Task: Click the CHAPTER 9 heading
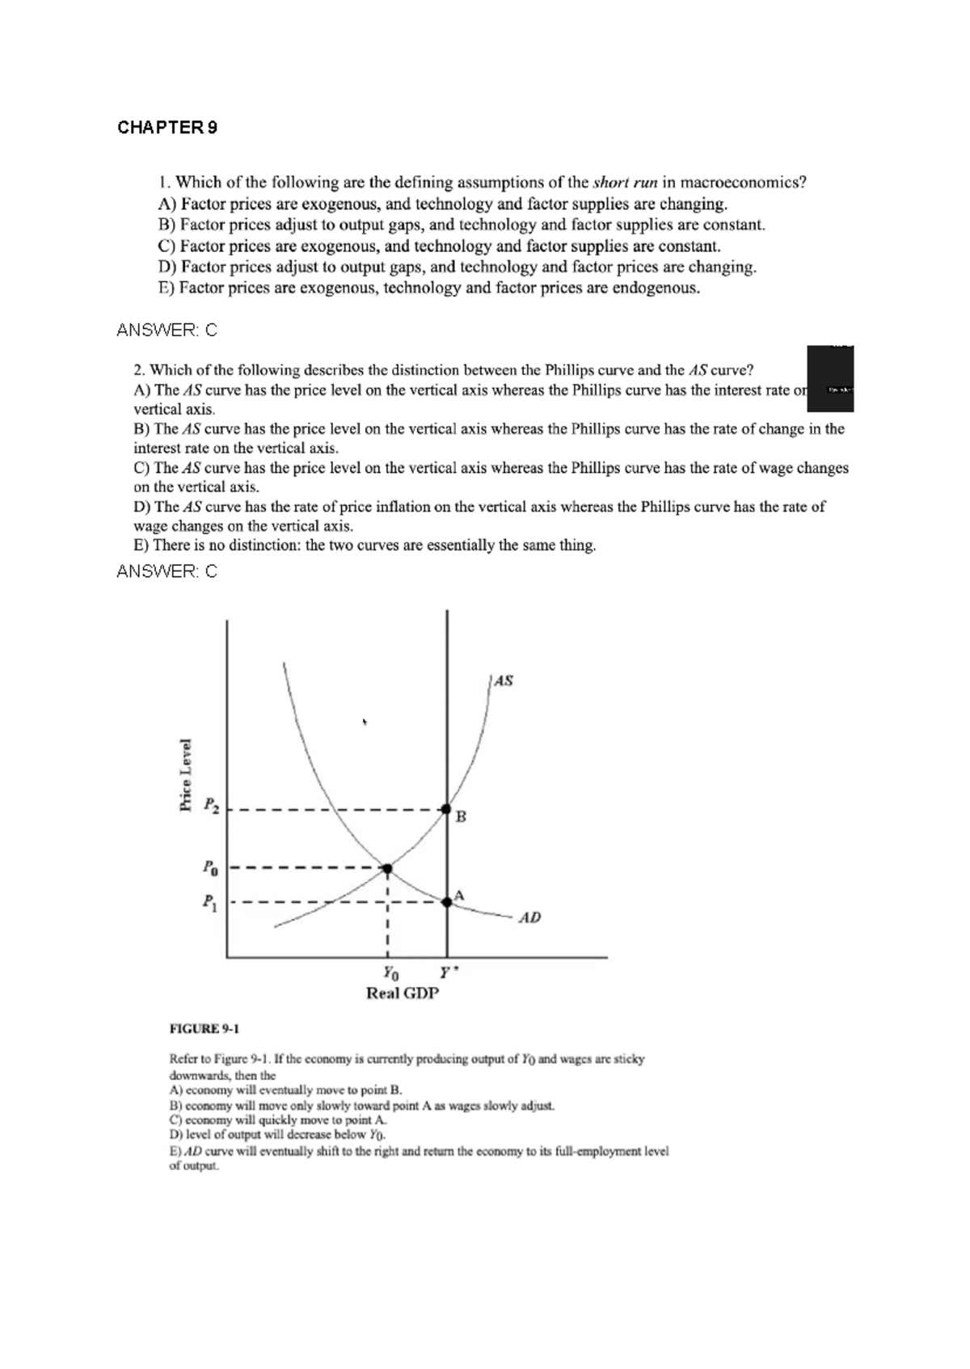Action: pyautogui.click(x=167, y=128)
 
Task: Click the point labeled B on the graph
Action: pyautogui.click(x=446, y=808)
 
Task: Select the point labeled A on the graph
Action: pyautogui.click(x=447, y=901)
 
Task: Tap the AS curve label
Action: pyautogui.click(x=503, y=680)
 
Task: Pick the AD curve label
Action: pyautogui.click(x=529, y=917)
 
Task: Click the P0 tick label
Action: pyautogui.click(x=210, y=869)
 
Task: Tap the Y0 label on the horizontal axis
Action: pyautogui.click(x=390, y=972)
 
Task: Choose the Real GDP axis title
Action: pyautogui.click(x=402, y=993)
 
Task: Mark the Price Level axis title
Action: pyautogui.click(x=186, y=774)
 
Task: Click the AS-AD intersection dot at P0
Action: pyautogui.click(x=387, y=869)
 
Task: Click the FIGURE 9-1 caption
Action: pyautogui.click(x=204, y=1029)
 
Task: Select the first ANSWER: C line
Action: pyautogui.click(x=167, y=331)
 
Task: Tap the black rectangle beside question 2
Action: pyautogui.click(x=830, y=378)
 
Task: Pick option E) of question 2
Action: pyautogui.click(x=365, y=545)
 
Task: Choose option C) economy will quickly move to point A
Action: pyautogui.click(x=278, y=1120)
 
